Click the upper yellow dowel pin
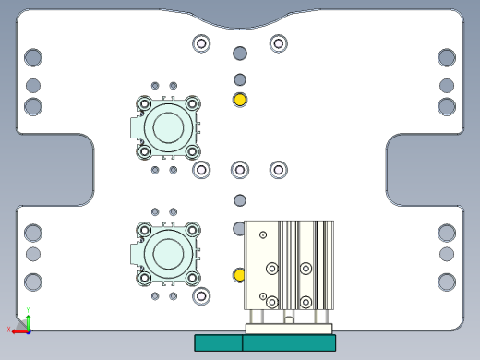click(240, 100)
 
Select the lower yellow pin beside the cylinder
click(240, 275)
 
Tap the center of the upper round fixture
click(168, 127)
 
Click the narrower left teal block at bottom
click(218, 342)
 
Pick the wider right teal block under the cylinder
click(289, 342)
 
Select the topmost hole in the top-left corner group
click(33, 57)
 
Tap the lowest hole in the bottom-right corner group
click(447, 282)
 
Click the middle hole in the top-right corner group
click(447, 85)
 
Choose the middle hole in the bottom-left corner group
click(33, 254)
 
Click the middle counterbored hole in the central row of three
click(240, 169)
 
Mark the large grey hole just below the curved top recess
click(240, 54)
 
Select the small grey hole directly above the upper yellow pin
click(240, 79)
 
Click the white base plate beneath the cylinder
click(288, 329)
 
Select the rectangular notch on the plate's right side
click(425, 171)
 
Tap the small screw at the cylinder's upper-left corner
click(263, 235)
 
